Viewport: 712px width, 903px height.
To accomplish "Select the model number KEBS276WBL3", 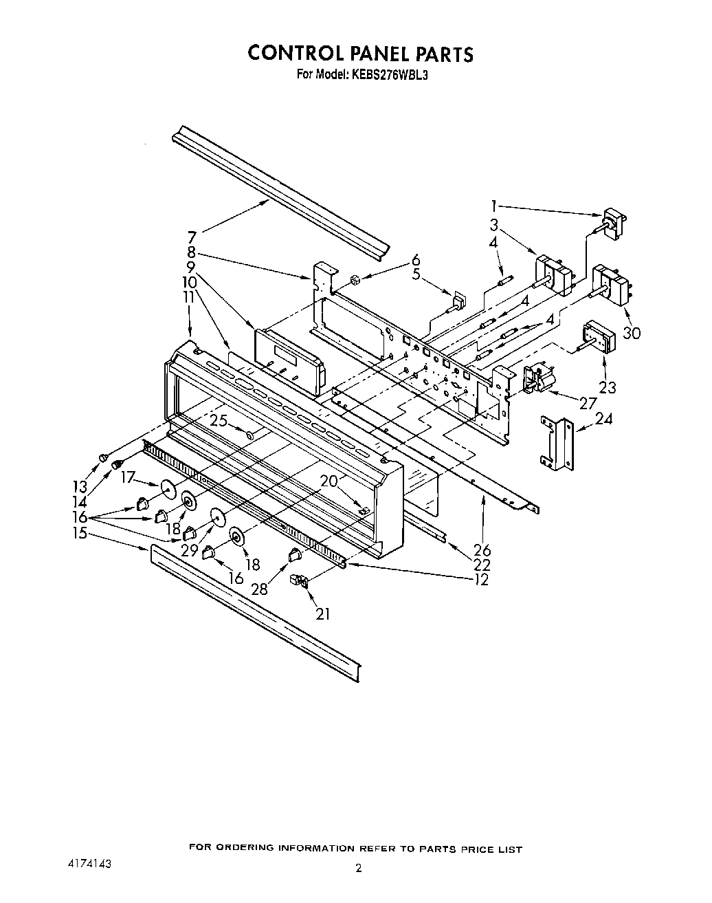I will pos(388,76).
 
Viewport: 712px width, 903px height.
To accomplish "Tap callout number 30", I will pos(631,333).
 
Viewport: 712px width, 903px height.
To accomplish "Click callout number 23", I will pos(607,388).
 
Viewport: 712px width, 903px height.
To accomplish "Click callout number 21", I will pos(322,613).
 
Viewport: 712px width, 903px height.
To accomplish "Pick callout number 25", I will pos(218,420).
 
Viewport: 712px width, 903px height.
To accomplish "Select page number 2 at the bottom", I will pos(358,869).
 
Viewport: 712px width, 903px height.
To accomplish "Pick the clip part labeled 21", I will pos(300,582).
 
